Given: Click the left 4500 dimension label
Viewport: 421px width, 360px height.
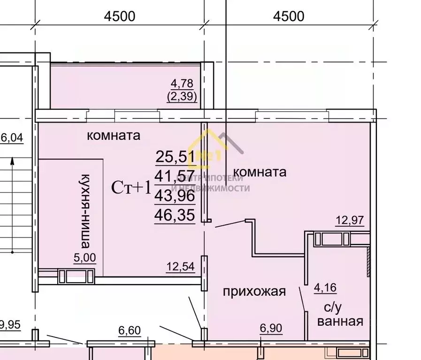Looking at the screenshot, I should pos(120,16).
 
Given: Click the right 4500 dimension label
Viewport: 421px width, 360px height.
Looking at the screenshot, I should pos(289,16).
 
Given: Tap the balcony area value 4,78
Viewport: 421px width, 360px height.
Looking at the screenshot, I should pos(181,84).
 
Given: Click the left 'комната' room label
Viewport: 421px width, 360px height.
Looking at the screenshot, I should pos(114,136).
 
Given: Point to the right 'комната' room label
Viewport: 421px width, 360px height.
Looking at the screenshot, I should pos(260,172).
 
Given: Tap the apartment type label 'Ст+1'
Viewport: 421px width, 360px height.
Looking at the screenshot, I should pos(131,187).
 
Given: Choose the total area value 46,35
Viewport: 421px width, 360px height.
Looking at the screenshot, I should pos(175,215).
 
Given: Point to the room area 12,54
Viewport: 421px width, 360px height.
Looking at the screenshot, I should pos(180,268).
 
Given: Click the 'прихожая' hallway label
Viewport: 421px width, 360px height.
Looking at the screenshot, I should pos(254,291).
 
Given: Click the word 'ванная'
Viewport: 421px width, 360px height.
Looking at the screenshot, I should pos(340,322).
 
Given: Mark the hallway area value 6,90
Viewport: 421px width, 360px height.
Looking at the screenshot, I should pos(271,329).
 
